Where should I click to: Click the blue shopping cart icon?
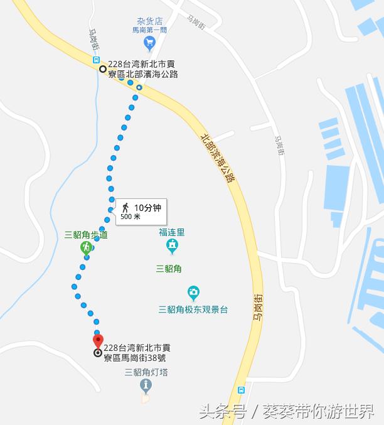coord(149,43)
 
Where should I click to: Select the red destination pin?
coord(98,341)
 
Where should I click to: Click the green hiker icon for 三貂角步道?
coord(86,249)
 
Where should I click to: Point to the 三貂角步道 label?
coord(86,235)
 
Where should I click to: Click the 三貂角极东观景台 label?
coord(193,309)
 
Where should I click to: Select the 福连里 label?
coord(172,232)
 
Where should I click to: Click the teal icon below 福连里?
coord(172,245)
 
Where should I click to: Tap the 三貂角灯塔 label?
coord(146,372)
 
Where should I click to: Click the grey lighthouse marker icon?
coord(146,385)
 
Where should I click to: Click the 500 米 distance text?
coord(131,217)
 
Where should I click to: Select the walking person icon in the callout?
coord(125,208)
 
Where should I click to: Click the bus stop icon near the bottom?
coord(242,390)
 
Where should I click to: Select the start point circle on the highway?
coord(102,68)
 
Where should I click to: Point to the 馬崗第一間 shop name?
coord(149,29)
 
